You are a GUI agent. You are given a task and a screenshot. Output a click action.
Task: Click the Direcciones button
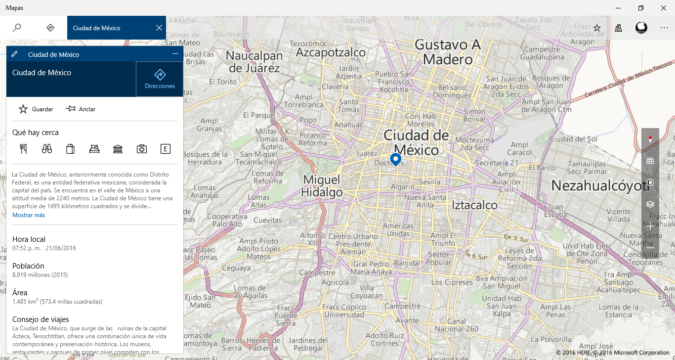coord(160,79)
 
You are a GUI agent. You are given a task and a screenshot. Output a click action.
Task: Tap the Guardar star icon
coord(23,109)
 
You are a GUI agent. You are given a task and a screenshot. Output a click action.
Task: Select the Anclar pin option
coord(71,109)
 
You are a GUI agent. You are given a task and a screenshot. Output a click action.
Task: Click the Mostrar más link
coord(29,215)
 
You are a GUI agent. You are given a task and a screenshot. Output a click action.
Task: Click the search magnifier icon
coord(17,28)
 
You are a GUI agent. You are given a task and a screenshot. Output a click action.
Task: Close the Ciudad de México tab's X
coord(159,28)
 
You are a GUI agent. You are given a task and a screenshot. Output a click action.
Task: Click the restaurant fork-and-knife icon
coord(23,148)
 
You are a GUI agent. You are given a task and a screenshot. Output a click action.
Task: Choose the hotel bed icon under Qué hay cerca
coord(94,148)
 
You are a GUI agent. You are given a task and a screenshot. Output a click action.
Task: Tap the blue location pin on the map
coord(395,159)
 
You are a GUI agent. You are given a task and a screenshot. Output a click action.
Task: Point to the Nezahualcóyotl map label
coord(600,185)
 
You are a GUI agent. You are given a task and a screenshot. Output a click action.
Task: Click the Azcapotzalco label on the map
coord(331,52)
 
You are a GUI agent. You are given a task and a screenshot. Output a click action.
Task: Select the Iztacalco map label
coord(475,204)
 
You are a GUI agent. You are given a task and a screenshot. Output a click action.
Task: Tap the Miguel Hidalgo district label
coord(322,185)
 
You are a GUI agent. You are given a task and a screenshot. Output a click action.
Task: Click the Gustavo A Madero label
coord(448,52)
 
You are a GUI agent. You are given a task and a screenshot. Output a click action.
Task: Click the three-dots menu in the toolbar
coord(664,28)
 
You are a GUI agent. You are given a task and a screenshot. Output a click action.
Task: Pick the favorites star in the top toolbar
coord(597,28)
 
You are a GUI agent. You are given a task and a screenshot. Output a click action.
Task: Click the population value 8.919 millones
coord(40,274)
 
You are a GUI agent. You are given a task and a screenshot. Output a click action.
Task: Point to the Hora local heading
coord(29,239)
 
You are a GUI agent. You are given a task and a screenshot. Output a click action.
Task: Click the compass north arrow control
coord(650,139)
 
